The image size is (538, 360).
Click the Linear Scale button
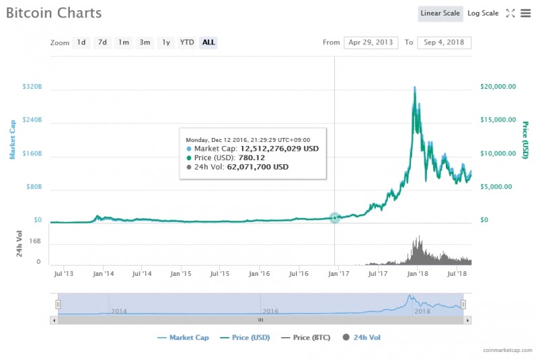point(440,13)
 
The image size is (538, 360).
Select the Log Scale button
point(483,13)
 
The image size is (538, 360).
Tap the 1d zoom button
point(81,42)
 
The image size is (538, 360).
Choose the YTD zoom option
point(187,42)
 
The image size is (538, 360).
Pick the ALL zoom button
point(208,42)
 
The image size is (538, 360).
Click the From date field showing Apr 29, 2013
point(371,42)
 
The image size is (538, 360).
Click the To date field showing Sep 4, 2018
point(444,42)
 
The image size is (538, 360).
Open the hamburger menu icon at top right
point(525,13)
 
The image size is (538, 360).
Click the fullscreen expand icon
point(510,13)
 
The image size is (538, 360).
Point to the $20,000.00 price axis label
point(498,87)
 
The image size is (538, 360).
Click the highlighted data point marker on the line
point(335,218)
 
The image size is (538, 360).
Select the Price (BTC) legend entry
point(312,337)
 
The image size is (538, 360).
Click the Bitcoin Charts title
point(54,13)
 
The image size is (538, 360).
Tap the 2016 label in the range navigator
point(270,312)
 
